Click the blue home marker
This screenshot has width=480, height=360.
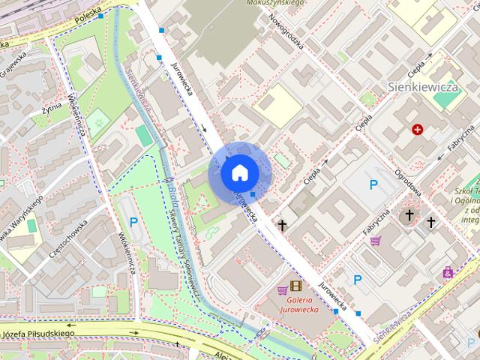click(x=239, y=173)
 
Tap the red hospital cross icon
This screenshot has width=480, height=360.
click(x=417, y=130)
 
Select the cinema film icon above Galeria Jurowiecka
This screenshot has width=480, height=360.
click(x=295, y=286)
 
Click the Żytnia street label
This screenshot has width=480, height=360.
click(x=52, y=111)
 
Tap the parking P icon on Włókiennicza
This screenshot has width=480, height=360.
click(x=133, y=221)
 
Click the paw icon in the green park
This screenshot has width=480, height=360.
click(x=97, y=118)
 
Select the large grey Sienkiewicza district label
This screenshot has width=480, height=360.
click(x=423, y=87)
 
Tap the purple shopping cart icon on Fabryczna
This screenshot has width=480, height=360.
click(x=375, y=241)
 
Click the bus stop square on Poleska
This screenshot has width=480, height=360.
click(x=100, y=16)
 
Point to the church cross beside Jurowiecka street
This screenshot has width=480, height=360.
click(x=282, y=224)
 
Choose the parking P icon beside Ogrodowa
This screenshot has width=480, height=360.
click(x=372, y=184)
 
